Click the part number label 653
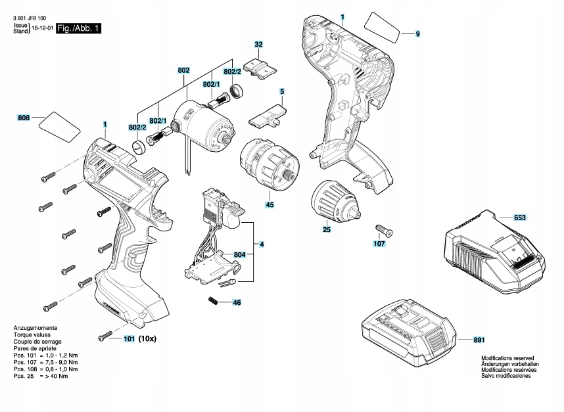click(x=519, y=216)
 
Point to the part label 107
click(x=379, y=243)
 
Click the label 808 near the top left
click(x=24, y=118)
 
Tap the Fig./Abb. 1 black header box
click(x=79, y=29)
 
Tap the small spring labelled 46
click(x=212, y=301)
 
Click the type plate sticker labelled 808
click(x=58, y=126)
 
